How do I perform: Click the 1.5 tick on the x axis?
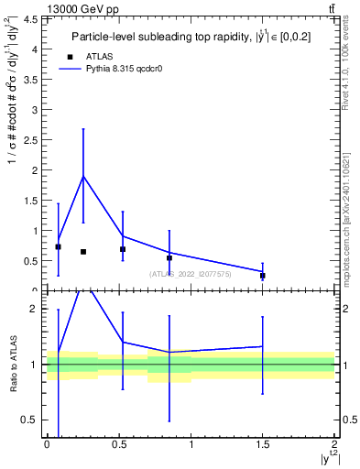[x=263, y=444]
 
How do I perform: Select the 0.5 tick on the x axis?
[x=119, y=444]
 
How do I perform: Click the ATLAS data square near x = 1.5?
[x=263, y=276]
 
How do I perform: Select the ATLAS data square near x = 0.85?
[x=169, y=258]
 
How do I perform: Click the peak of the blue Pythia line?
[x=83, y=176]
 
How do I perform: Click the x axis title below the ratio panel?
[x=330, y=458]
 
